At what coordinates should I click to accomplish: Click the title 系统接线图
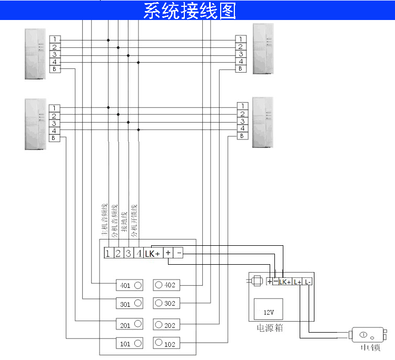click(190, 11)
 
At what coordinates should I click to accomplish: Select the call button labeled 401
click(130, 285)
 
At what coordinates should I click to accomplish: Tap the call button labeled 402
click(166, 285)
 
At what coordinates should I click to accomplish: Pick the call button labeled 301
click(130, 304)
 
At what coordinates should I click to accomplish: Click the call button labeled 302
click(166, 304)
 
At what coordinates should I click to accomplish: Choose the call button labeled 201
click(130, 325)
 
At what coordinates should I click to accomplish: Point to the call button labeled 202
click(166, 325)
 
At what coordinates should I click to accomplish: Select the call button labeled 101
click(130, 343)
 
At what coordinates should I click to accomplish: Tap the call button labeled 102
click(166, 343)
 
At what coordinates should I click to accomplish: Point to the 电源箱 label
click(270, 328)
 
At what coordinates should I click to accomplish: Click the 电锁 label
click(370, 348)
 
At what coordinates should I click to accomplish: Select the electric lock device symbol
click(368, 335)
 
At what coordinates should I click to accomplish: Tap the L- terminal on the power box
click(308, 282)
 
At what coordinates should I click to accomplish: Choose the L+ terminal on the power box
click(298, 282)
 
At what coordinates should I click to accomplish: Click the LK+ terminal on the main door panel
click(153, 254)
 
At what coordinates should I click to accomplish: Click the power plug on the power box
click(256, 282)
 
